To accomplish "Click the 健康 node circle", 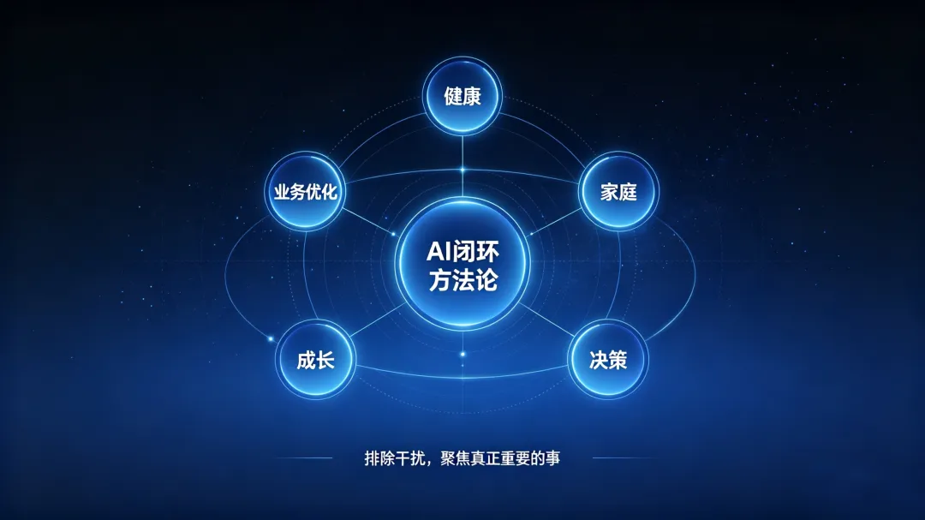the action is (462, 96).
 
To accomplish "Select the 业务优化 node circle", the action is (305, 191).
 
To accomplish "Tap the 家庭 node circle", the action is (618, 191).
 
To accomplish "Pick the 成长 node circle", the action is (315, 359).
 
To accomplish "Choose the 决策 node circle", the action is (607, 359).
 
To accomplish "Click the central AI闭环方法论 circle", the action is (462, 264).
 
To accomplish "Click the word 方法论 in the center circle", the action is (463, 280).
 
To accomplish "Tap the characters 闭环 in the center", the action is (474, 252).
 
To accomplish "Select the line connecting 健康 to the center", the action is (462, 166).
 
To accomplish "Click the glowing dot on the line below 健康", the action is (462, 170).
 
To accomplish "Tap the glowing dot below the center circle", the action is (462, 354).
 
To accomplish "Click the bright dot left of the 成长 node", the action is (271, 338).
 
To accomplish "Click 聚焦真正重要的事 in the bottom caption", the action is (500, 458).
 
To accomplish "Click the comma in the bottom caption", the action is (429, 462).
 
